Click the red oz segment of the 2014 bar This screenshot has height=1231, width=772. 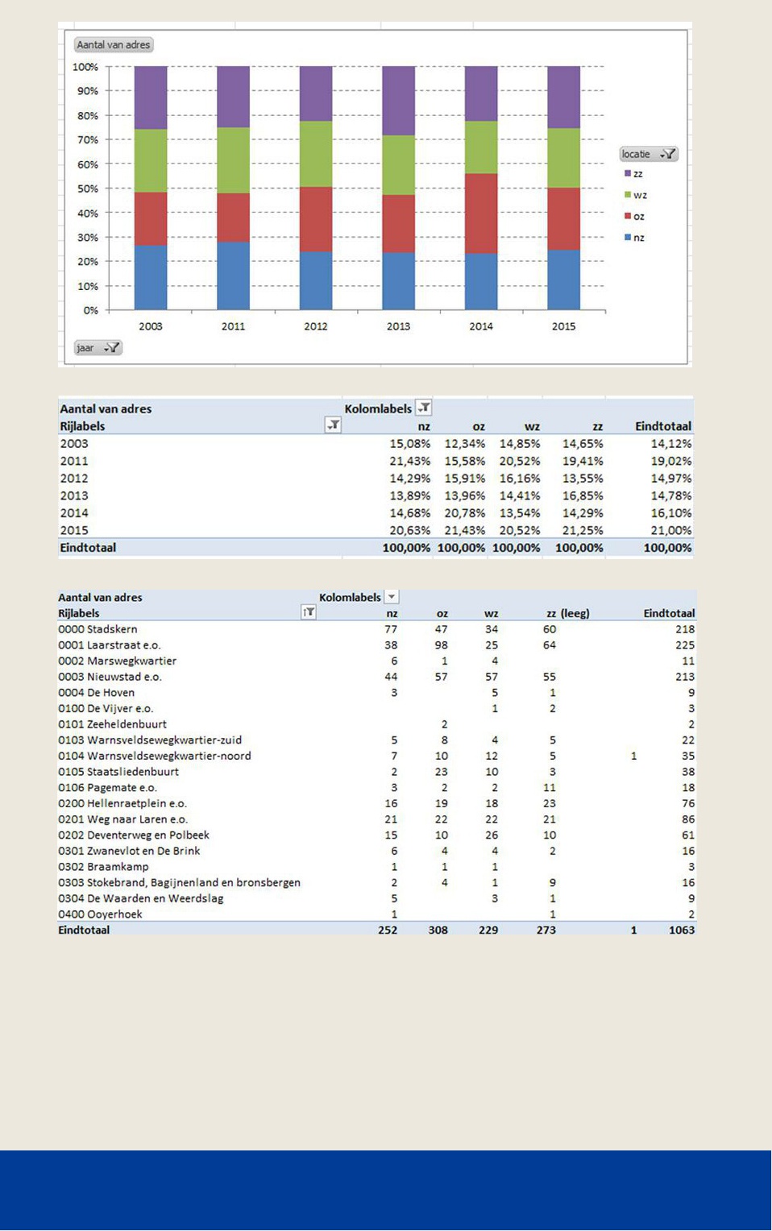(x=480, y=213)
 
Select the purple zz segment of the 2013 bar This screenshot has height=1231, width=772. (x=398, y=101)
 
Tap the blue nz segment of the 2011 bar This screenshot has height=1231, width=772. (x=233, y=276)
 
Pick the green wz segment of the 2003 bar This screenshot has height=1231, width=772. (x=151, y=160)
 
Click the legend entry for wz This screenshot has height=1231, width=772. (x=636, y=195)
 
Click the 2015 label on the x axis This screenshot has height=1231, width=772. (x=563, y=326)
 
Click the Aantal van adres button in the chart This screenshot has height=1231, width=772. (x=114, y=44)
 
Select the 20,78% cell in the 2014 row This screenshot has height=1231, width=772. (x=465, y=512)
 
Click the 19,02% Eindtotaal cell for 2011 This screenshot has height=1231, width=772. (x=670, y=461)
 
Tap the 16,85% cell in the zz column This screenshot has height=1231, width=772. (x=583, y=495)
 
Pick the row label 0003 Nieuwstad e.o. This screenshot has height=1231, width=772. (x=110, y=677)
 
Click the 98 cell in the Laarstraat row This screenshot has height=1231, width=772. (x=441, y=645)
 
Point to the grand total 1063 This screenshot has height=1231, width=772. (x=682, y=930)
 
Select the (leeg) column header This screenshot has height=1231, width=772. (x=575, y=613)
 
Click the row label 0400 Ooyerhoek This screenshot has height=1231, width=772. (x=100, y=914)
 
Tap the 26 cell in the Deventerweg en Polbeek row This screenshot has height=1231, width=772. (x=492, y=835)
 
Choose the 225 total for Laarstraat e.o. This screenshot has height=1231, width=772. (x=685, y=645)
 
